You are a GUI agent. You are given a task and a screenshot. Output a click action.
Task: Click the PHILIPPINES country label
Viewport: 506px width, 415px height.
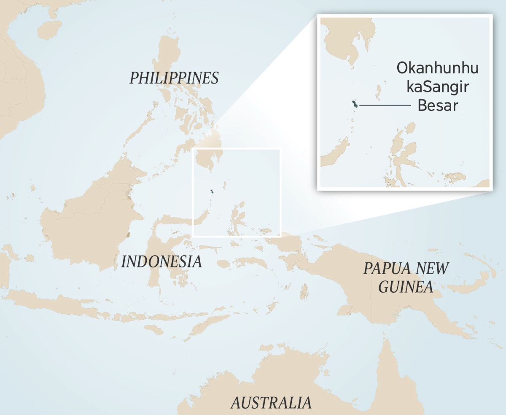coord(174,78)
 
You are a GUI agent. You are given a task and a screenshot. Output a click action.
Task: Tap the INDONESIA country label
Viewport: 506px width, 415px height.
coord(161,262)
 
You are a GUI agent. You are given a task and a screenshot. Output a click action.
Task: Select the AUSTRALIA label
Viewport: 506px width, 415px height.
coord(271,402)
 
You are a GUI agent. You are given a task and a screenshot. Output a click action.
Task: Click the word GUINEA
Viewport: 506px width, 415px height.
coord(406,287)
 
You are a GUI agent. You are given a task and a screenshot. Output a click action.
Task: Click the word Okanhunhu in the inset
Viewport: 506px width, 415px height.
coord(438,68)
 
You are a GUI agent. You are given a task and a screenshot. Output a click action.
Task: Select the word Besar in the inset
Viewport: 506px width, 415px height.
coord(438,105)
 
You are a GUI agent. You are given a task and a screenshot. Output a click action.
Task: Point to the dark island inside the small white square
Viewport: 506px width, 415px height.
coord(213,192)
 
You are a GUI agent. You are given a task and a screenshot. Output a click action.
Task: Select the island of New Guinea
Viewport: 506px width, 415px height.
coord(379,295)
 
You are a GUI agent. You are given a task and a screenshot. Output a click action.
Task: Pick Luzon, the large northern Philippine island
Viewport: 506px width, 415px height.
coord(169,59)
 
